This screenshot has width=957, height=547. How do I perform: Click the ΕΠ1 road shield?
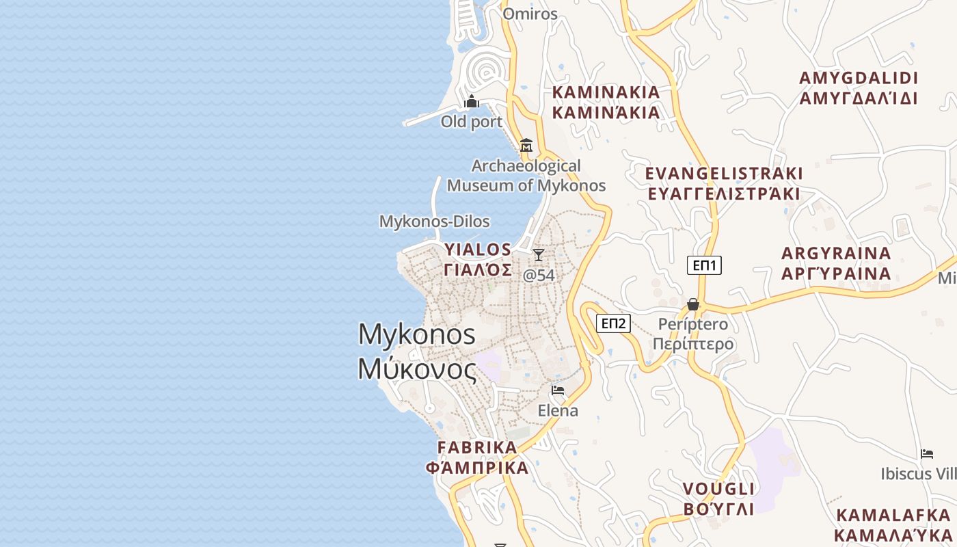(704, 265)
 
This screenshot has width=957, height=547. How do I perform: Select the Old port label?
(472, 122)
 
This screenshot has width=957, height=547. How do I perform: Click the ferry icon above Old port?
(472, 103)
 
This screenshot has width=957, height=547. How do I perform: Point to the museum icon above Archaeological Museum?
(526, 146)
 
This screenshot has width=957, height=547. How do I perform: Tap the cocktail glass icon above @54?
(539, 255)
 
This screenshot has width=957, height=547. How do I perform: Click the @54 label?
(539, 275)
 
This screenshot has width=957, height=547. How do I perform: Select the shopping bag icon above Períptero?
(693, 304)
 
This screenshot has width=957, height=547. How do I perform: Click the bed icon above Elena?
(558, 390)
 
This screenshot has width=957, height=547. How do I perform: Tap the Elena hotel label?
(558, 410)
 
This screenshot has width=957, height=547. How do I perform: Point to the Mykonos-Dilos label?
(435, 222)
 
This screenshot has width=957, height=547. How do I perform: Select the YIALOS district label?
(478, 259)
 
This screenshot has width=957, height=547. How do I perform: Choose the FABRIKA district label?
(477, 457)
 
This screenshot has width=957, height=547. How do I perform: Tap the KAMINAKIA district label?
(606, 102)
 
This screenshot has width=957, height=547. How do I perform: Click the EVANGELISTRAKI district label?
(724, 183)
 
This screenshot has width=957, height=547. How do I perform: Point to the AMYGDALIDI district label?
(859, 88)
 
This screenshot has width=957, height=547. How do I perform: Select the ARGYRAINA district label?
(836, 263)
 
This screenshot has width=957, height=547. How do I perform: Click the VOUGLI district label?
(718, 498)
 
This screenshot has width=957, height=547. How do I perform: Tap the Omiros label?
(530, 14)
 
